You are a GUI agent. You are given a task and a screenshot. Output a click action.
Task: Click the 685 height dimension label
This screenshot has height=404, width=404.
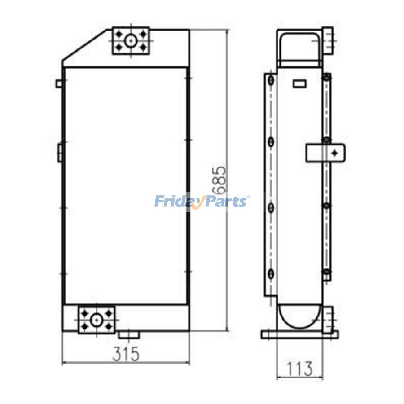point(219,181)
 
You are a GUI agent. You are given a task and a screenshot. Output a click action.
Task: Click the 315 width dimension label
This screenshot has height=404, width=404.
point(126,355)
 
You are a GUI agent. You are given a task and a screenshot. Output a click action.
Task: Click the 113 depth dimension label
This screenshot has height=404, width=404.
point(299,369)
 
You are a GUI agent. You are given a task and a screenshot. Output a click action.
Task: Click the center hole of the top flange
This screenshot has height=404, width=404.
point(130,41)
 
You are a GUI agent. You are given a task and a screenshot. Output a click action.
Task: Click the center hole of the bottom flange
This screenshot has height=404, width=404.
point(97,320)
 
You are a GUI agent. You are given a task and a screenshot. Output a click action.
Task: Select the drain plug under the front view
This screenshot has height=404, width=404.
point(129,335)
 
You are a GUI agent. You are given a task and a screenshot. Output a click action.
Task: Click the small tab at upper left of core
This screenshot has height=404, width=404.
point(59,83)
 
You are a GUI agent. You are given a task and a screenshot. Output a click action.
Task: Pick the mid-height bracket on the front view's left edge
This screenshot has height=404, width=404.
point(60,151)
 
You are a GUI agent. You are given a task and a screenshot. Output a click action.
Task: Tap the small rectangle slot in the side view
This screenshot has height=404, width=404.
point(299,83)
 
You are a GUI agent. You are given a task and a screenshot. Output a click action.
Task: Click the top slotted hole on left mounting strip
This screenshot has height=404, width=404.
point(271,81)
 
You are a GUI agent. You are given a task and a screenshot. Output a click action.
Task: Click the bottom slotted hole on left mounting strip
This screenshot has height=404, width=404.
point(271,274)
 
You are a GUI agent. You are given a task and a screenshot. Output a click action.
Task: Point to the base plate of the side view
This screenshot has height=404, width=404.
point(299,334)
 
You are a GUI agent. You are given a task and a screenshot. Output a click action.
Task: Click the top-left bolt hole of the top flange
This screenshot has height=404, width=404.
point(119,34)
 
